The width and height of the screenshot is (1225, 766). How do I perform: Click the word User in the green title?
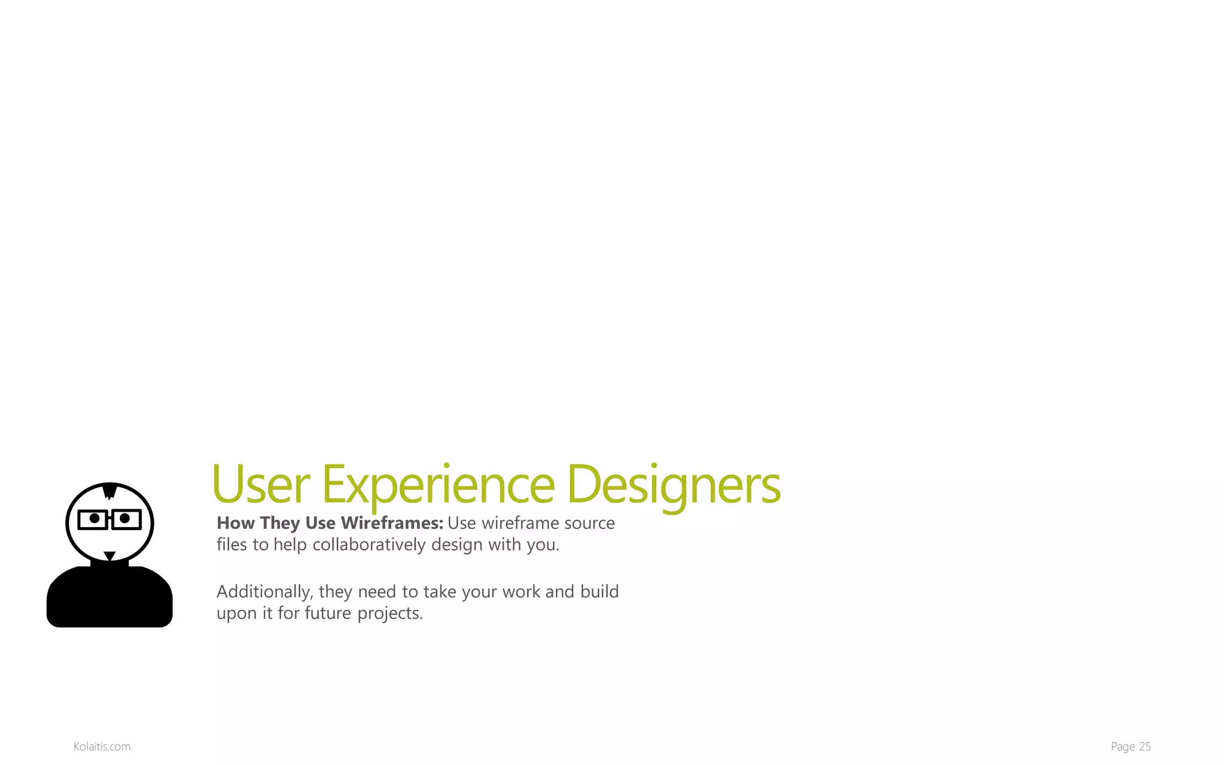(x=261, y=485)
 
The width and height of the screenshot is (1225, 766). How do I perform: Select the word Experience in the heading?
(x=438, y=485)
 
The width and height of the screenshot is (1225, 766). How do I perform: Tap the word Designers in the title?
(x=673, y=485)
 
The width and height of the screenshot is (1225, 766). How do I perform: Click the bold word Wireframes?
(x=392, y=523)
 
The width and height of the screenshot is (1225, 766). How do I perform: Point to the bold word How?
(x=236, y=523)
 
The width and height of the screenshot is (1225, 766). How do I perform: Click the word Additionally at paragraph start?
(x=264, y=592)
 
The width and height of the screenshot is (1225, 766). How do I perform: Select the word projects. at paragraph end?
(x=390, y=613)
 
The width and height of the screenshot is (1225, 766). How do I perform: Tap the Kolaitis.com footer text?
(x=102, y=746)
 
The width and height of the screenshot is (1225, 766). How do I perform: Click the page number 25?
(x=1145, y=746)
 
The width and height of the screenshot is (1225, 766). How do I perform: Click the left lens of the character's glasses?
(x=94, y=519)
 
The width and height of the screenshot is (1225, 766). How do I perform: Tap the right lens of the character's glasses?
(x=126, y=519)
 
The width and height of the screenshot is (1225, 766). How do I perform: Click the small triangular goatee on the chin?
(x=109, y=556)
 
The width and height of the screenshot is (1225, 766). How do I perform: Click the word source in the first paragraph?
(x=589, y=523)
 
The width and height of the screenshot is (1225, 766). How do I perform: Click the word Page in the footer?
(x=1123, y=746)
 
